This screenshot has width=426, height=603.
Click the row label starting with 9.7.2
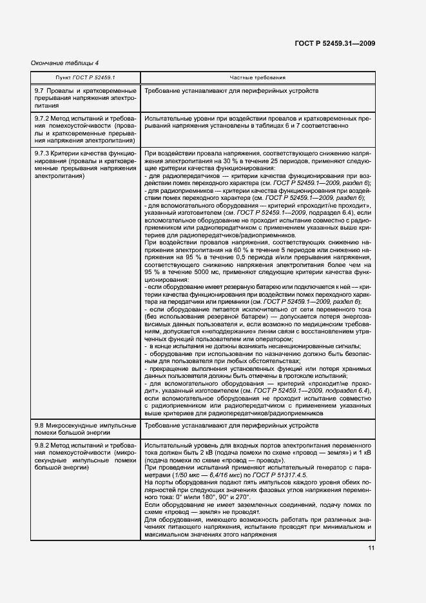click(x=84, y=130)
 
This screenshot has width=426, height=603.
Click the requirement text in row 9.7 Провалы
click(x=231, y=92)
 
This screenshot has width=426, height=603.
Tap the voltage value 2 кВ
click(x=198, y=454)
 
